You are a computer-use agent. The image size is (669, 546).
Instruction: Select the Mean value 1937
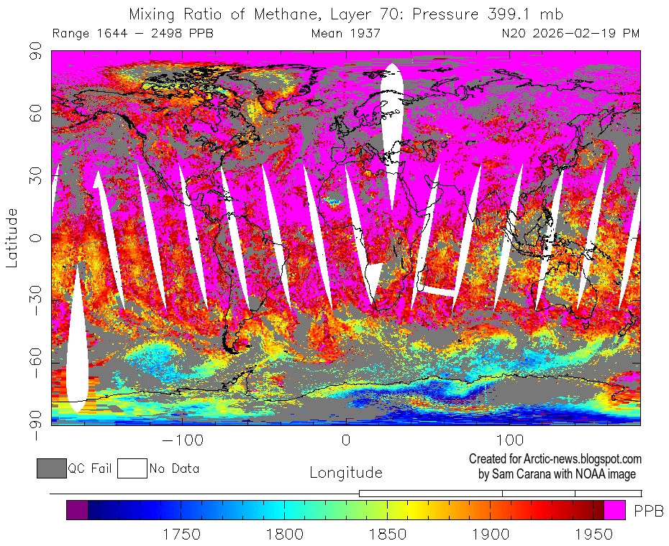[x=366, y=34]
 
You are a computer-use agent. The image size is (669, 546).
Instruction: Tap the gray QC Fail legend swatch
[x=51, y=468]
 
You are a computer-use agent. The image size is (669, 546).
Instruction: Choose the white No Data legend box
[x=132, y=468]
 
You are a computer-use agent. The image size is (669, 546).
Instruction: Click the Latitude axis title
[x=12, y=237]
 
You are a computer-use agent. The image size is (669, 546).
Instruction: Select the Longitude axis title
[x=345, y=473]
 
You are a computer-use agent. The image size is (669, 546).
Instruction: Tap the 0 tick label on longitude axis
[x=346, y=440]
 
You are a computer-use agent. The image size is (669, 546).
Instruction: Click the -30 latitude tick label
[x=36, y=300]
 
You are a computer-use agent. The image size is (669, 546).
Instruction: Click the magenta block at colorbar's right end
[x=614, y=510]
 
